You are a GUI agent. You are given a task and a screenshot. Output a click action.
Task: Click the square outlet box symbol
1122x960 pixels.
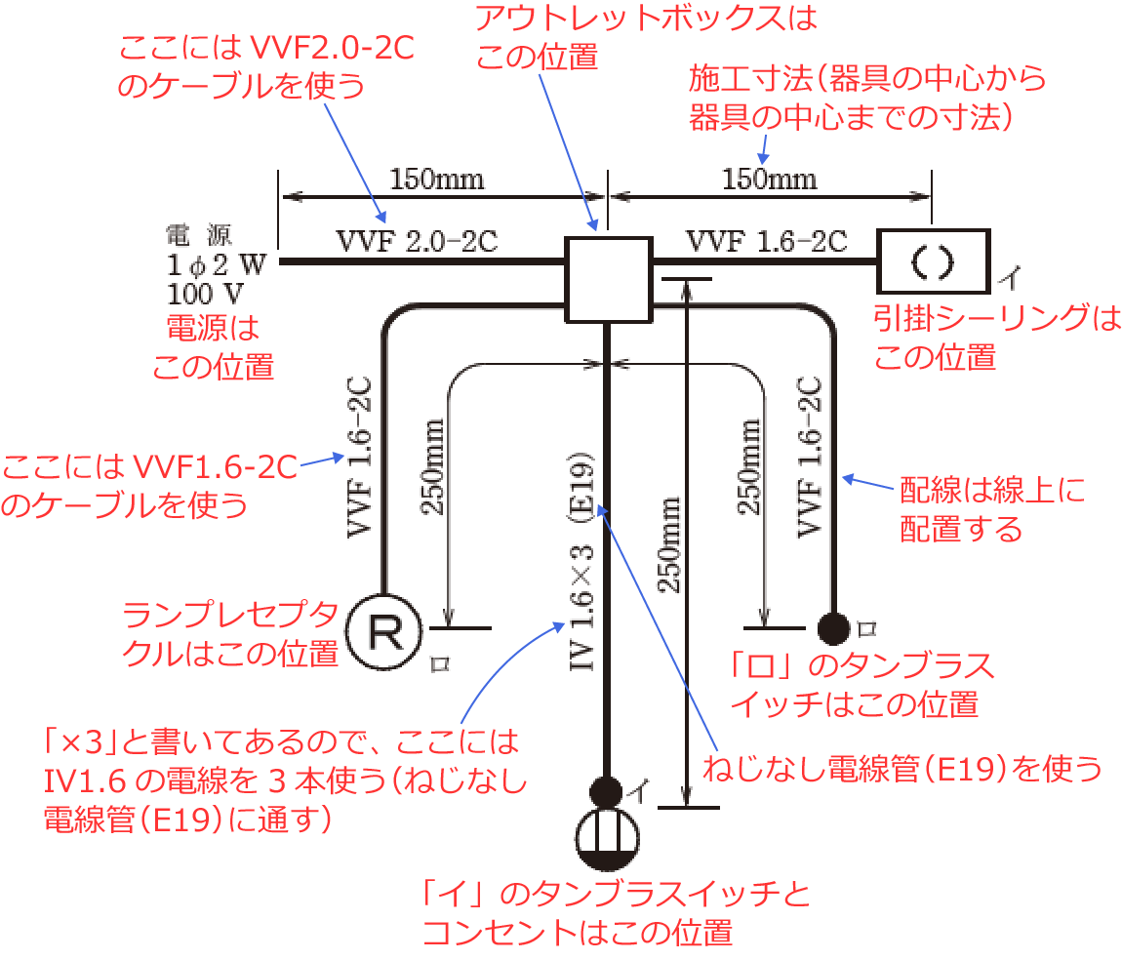[x=608, y=279]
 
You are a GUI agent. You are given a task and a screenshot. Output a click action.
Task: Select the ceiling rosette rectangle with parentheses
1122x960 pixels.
[x=933, y=260]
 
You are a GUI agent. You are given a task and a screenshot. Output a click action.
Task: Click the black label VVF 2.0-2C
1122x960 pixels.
[x=417, y=241]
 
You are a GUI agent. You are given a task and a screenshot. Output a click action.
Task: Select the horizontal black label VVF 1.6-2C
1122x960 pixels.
[x=766, y=241]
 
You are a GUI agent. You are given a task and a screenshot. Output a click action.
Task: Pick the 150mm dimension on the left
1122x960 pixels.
[x=436, y=180]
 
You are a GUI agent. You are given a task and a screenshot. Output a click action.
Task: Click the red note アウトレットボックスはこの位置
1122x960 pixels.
[x=645, y=36]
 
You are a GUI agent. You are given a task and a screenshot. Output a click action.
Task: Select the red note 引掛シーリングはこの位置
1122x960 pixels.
[x=996, y=338]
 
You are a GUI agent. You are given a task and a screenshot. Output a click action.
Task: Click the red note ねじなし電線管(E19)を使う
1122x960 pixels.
[x=902, y=769]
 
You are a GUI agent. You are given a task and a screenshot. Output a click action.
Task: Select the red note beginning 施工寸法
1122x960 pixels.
[x=867, y=97]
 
